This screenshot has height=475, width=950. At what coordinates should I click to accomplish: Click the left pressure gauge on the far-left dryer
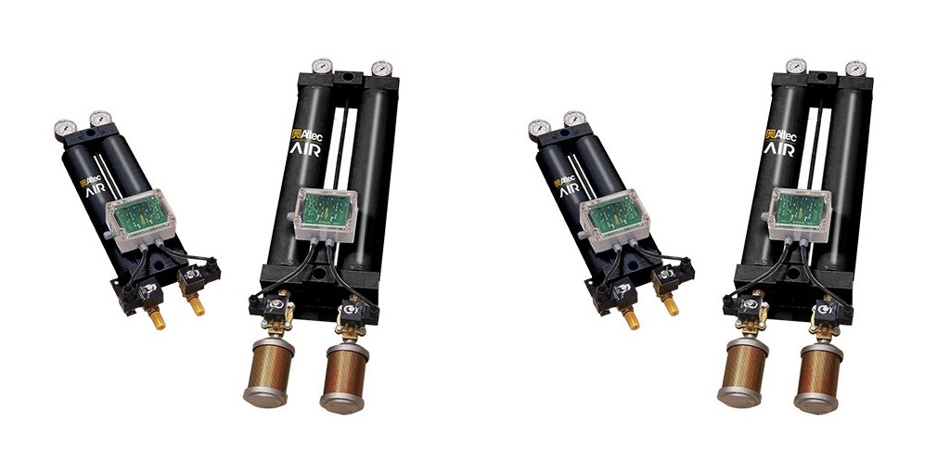(64, 129)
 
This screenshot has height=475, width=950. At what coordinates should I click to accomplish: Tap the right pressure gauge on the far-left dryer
(99, 119)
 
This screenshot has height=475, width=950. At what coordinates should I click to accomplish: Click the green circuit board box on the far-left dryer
(141, 216)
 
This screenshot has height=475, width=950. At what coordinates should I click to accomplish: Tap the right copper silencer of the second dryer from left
(346, 378)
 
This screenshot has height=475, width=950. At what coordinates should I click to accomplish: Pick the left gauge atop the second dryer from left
(322, 66)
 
